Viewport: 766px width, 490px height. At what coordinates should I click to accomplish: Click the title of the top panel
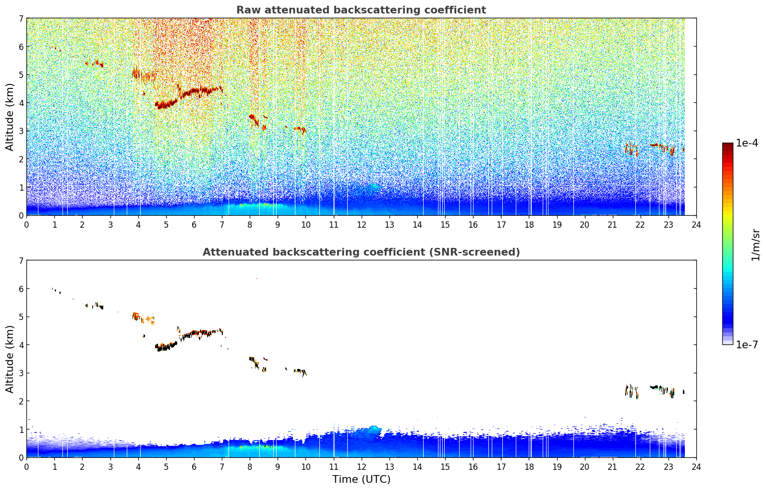[x=361, y=10]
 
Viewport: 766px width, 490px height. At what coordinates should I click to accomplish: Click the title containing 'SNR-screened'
[x=361, y=252]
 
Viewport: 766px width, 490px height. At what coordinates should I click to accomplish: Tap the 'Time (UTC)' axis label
[x=361, y=479]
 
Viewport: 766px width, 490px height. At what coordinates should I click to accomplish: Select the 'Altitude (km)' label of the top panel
[x=10, y=117]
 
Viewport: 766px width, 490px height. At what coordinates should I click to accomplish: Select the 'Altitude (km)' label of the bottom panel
[x=10, y=359]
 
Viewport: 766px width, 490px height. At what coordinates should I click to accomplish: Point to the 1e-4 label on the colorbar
[x=746, y=143]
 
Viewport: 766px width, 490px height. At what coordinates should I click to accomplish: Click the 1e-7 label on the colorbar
[x=746, y=344]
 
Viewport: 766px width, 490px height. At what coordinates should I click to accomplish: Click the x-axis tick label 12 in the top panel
[x=362, y=225]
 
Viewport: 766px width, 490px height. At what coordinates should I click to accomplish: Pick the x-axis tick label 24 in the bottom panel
[x=696, y=467]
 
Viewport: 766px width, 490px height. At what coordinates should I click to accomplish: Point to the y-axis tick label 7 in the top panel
[x=21, y=18]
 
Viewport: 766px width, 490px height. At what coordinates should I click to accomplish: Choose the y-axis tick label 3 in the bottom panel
[x=21, y=373]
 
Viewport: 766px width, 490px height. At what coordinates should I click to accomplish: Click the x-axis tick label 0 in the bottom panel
[x=27, y=467]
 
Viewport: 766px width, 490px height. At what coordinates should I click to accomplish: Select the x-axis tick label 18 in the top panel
[x=529, y=225]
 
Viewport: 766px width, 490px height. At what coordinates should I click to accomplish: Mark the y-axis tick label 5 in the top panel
[x=21, y=74]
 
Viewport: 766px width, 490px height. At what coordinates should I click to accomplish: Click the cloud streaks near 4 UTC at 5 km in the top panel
[x=144, y=74]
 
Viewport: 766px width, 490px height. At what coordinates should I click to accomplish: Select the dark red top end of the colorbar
[x=728, y=145]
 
